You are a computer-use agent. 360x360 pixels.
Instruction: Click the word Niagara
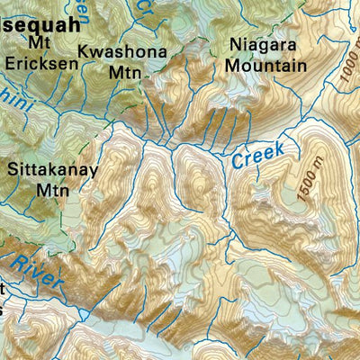point(262,45)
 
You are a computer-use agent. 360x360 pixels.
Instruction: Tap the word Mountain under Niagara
point(265,65)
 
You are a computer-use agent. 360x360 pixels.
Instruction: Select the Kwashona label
point(122,52)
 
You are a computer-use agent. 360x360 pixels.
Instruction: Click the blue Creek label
point(257,155)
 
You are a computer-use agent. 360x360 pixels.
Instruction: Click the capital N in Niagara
point(235,45)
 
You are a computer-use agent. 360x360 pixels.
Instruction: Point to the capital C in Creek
point(237,163)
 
